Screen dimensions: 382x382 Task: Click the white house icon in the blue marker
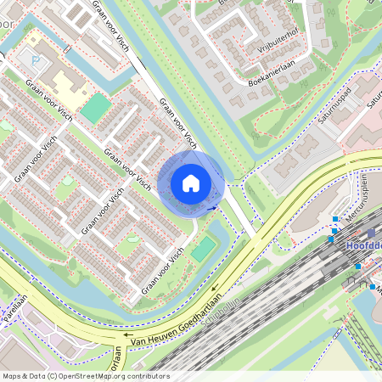[191, 183]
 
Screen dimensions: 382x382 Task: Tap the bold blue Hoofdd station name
[365, 245]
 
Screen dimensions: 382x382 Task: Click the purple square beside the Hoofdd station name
[371, 233]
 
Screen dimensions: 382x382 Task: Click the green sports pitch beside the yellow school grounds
[96, 108]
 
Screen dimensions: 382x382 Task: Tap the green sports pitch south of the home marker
[204, 249]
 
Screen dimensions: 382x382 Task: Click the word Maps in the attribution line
[12, 376]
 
